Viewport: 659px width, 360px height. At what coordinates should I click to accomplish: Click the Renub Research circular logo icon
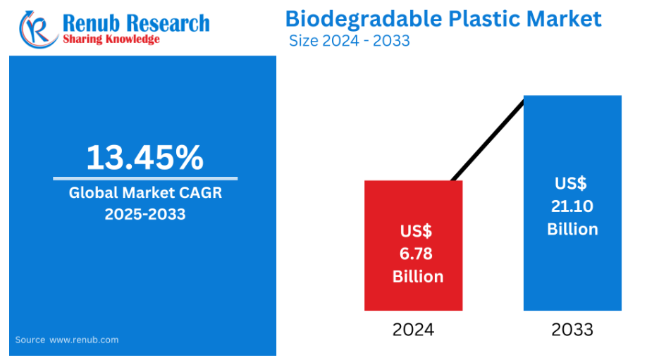point(38,30)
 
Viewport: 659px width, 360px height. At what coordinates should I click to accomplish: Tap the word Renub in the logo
point(91,23)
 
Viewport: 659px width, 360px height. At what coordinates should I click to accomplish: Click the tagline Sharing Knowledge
point(111,39)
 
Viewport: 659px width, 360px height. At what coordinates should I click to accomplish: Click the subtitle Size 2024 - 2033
point(350,41)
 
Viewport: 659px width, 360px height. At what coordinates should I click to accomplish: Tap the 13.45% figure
point(145,158)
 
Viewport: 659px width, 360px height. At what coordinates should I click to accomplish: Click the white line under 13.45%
point(145,178)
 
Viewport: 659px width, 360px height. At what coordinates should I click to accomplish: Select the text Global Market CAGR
point(145,193)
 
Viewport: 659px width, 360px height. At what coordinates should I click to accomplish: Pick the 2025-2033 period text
point(145,214)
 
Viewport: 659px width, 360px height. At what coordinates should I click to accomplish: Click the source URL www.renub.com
point(84,340)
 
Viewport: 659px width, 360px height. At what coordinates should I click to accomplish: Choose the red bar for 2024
point(414,246)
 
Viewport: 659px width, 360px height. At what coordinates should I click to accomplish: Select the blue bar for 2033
point(572,204)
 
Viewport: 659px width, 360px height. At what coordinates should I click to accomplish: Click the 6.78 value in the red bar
point(416,254)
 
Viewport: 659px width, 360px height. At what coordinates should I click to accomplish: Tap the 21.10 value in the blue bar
point(572,206)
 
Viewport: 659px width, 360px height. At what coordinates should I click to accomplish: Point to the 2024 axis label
point(413,330)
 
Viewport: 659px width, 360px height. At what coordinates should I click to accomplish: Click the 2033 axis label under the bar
point(572,330)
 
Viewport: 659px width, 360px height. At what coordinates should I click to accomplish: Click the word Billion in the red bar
point(418,277)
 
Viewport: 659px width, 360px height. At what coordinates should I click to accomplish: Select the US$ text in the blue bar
point(571,184)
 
